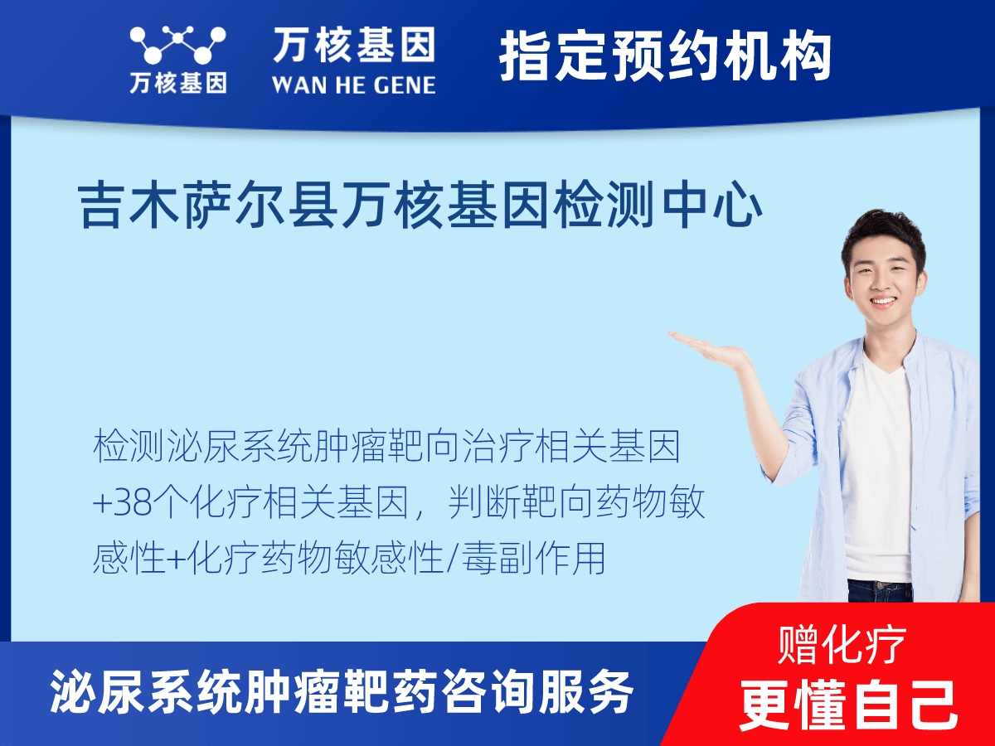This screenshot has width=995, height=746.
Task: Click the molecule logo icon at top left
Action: tap(177, 45)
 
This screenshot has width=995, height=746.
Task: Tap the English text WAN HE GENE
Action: tap(353, 84)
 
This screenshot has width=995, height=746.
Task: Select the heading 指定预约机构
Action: tap(665, 56)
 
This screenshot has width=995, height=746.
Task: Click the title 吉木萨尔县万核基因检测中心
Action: tap(420, 206)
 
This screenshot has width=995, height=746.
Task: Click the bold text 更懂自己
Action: tap(848, 704)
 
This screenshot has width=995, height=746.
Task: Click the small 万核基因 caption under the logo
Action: tap(177, 83)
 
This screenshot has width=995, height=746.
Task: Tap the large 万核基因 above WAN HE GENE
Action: tap(353, 45)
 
